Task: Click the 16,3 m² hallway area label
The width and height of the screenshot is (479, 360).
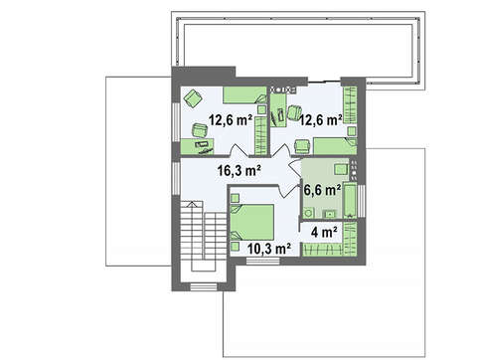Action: pyautogui.click(x=239, y=171)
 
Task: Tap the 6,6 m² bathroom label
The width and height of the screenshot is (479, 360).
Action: pyautogui.click(x=322, y=190)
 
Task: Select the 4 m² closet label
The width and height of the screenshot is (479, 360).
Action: pyautogui.click(x=324, y=232)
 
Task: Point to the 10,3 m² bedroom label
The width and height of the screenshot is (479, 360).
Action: pyautogui.click(x=269, y=249)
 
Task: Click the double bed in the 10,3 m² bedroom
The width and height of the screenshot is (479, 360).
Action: pyautogui.click(x=252, y=222)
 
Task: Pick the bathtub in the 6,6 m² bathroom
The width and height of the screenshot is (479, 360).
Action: pyautogui.click(x=350, y=200)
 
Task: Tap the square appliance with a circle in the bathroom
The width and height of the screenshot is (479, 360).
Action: pyautogui.click(x=309, y=213)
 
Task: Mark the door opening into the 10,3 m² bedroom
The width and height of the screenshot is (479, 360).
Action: pyautogui.click(x=286, y=191)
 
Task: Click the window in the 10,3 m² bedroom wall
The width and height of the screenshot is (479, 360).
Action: pyautogui.click(x=263, y=262)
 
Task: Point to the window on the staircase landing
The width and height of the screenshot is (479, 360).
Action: pyautogui.click(x=204, y=286)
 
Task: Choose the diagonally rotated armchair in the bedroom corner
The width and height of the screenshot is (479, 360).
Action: pyautogui.click(x=193, y=98)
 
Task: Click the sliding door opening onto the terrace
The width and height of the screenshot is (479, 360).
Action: pyautogui.click(x=324, y=81)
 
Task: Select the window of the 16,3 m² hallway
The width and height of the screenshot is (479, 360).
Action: pyautogui.click(x=176, y=179)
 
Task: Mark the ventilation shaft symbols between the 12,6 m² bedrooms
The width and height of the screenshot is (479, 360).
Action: pyautogui.click(x=283, y=90)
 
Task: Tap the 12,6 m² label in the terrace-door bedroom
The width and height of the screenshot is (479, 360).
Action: pyautogui.click(x=321, y=119)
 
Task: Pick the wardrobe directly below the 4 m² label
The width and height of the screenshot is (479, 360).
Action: pyautogui.click(x=323, y=250)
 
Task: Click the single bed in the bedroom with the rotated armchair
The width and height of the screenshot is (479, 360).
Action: pyautogui.click(x=244, y=94)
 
